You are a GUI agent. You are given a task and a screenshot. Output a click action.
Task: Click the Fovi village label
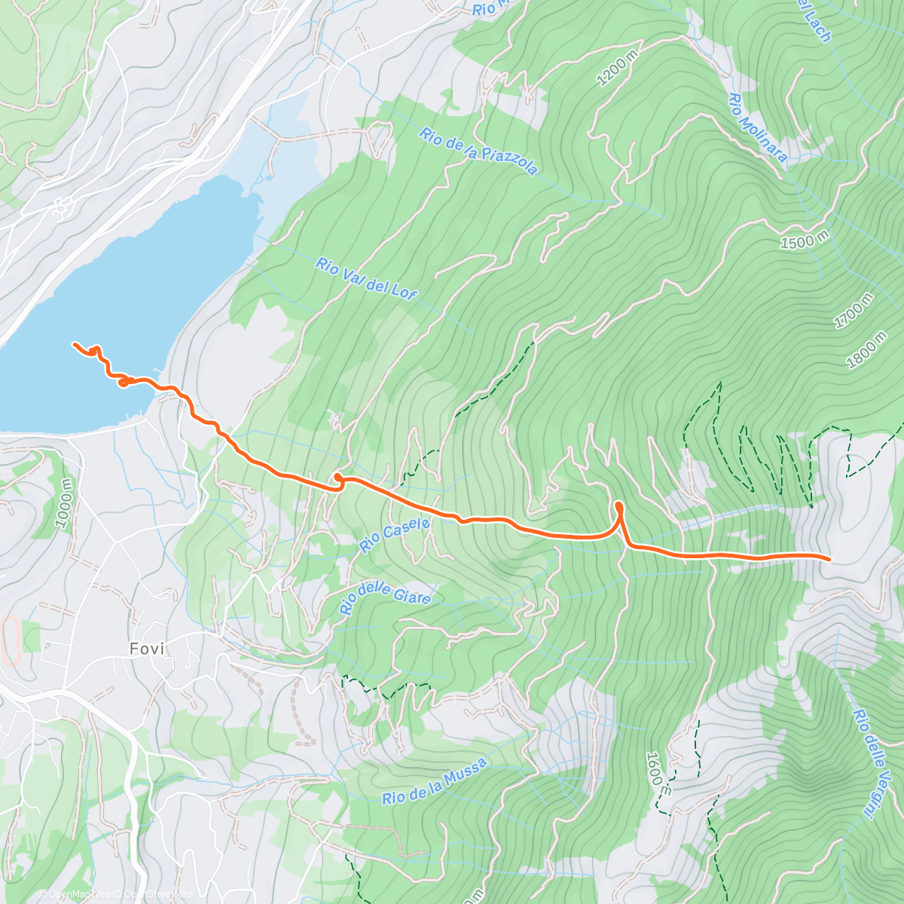coord(146,649)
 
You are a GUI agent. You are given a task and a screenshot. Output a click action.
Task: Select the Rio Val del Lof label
coord(366,279)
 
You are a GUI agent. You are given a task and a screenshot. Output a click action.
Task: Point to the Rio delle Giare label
coord(385,594)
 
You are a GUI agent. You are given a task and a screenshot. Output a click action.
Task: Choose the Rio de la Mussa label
coord(435,782)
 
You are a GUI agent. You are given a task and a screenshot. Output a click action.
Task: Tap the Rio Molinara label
coord(758,128)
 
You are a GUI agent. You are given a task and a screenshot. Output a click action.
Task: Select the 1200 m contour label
coord(615,69)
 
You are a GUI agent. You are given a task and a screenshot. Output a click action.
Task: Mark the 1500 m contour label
coord(804,242)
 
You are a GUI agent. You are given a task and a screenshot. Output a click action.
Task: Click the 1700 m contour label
coord(854,311)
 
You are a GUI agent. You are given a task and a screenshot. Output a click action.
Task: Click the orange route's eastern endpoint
coord(829,558)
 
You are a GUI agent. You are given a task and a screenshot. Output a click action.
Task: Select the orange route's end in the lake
coord(75,344)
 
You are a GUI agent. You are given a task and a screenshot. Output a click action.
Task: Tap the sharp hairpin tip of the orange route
coord(618,504)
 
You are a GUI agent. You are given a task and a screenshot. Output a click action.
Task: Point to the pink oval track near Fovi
coord(11,641)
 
